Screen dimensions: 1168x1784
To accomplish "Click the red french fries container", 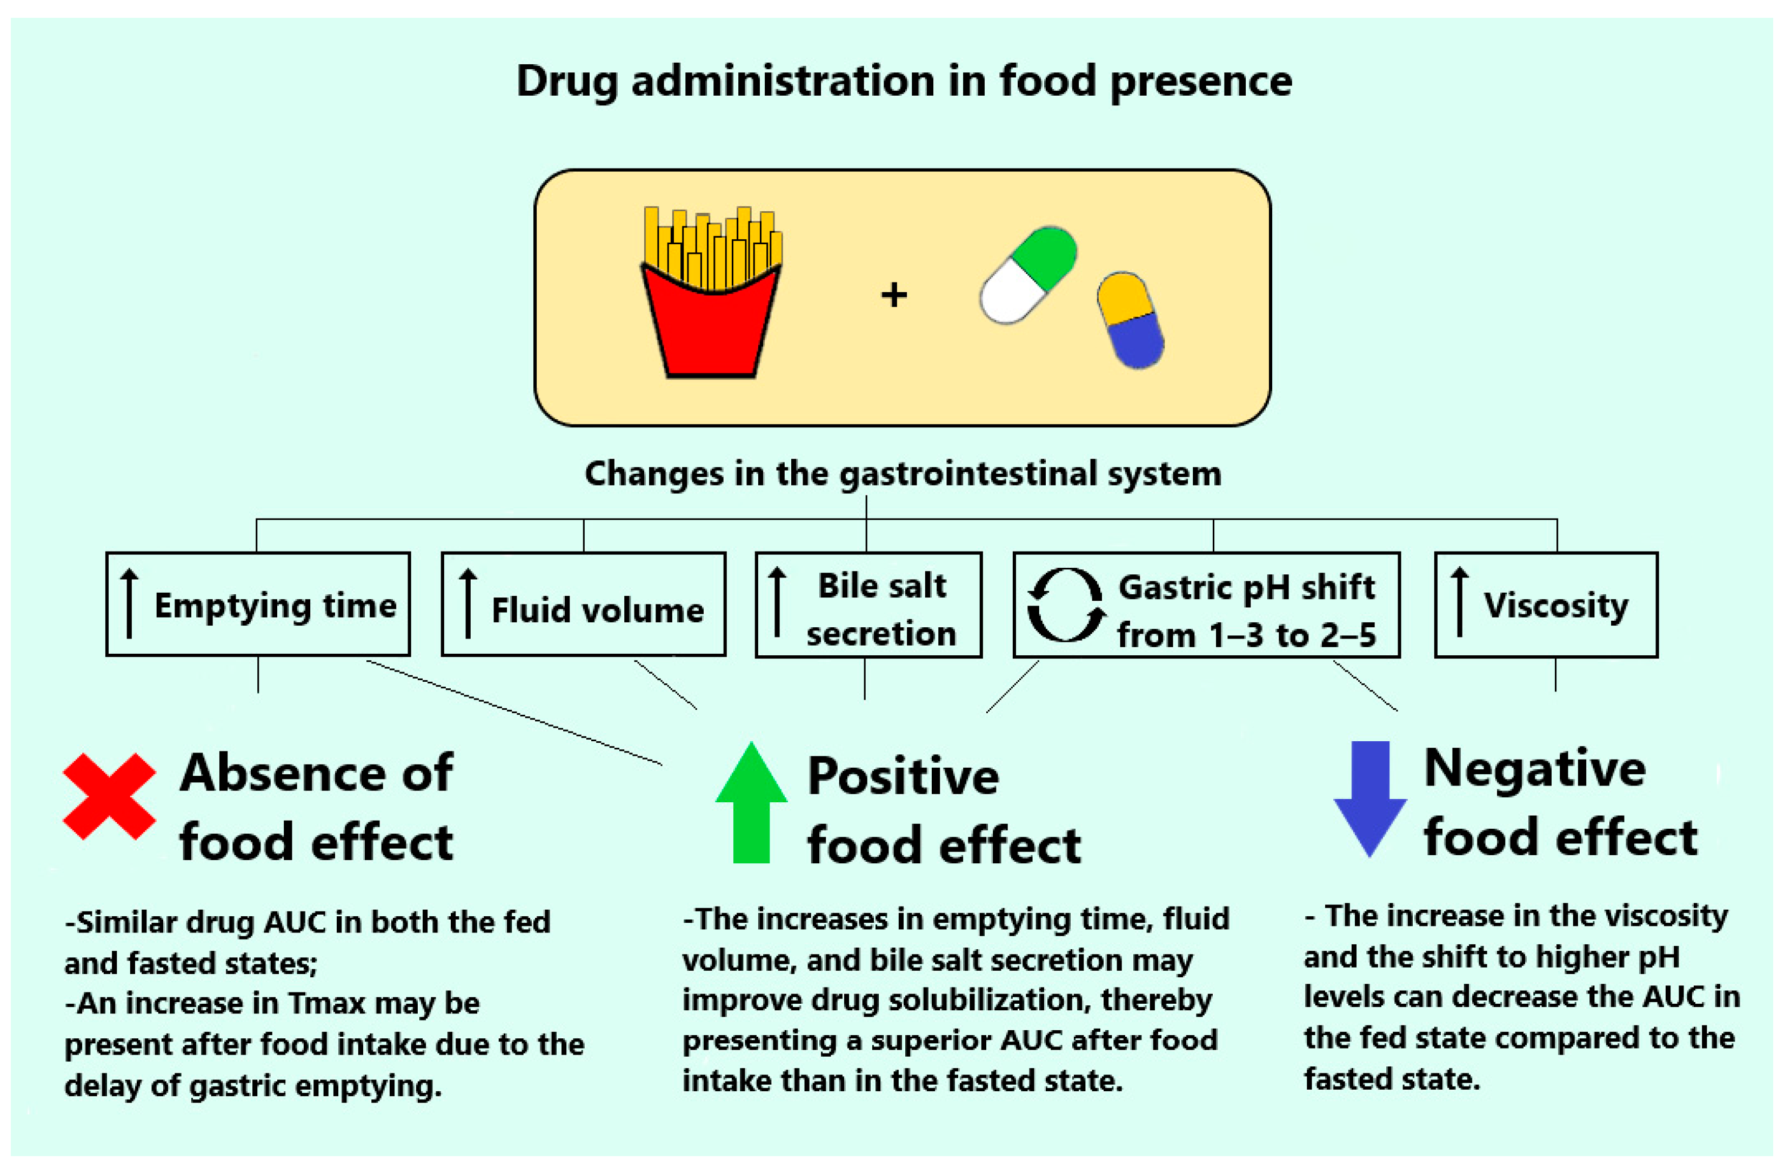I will click(x=711, y=326).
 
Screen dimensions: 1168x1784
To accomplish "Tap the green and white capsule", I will click(x=1028, y=275).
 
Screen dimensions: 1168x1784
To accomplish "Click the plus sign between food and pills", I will click(x=893, y=294).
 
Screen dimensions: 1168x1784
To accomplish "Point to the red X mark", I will click(x=109, y=796).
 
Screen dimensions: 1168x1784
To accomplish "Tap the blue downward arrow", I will click(x=1369, y=798).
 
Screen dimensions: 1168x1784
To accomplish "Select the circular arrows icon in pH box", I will click(x=1065, y=606).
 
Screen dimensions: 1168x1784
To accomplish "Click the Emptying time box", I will click(x=258, y=605).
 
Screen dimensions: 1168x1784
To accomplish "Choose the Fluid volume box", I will click(x=583, y=605).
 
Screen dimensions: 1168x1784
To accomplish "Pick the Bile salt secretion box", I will click(x=868, y=606).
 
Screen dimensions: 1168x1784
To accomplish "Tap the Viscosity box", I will click(x=1546, y=606).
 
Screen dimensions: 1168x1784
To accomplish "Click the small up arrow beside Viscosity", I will click(x=1459, y=602).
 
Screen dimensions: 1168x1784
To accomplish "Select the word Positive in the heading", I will click(x=903, y=777).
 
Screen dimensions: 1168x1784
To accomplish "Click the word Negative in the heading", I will click(x=1534, y=769).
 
